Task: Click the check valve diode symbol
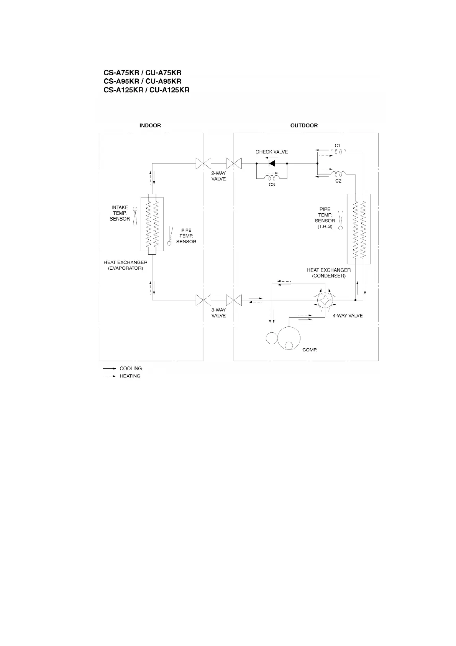[x=272, y=163]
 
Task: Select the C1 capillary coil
[x=338, y=152]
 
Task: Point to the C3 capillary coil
[x=272, y=178]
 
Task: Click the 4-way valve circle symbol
[x=325, y=300]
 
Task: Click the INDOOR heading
[x=150, y=125]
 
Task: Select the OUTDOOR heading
[x=304, y=125]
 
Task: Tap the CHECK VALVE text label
[x=272, y=152]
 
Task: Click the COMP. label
[x=310, y=350]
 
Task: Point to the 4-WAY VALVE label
[x=347, y=316]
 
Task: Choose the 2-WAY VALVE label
[x=218, y=176]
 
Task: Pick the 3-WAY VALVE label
[x=218, y=313]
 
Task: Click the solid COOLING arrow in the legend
[x=109, y=368]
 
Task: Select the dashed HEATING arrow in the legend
[x=109, y=376]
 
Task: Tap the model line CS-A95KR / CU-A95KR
[x=143, y=81]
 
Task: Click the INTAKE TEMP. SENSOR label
[x=120, y=213]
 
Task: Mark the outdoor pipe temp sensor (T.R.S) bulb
[x=340, y=228]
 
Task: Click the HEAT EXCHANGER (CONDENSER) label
[x=329, y=273]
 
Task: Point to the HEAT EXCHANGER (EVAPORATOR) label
[x=125, y=265]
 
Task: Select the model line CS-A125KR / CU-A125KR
[x=146, y=90]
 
